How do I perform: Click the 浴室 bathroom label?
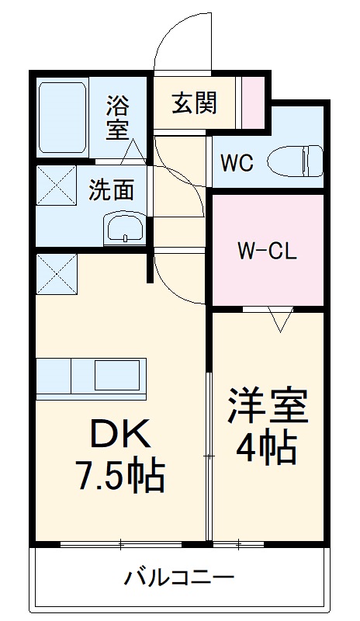point(118,116)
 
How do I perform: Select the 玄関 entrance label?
point(194,102)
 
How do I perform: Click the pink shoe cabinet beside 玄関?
point(252,101)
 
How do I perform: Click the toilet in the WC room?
point(294,161)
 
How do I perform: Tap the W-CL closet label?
point(267,252)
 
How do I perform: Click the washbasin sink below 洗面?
point(124,228)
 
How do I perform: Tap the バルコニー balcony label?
point(179,578)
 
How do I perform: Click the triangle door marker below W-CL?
point(279,318)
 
